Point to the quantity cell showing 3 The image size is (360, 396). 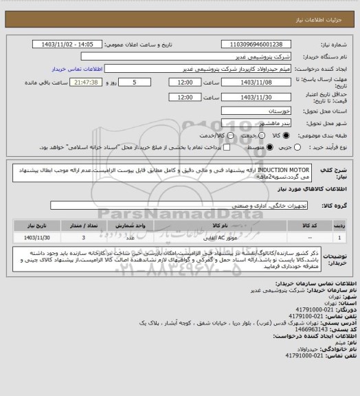[82, 236]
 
